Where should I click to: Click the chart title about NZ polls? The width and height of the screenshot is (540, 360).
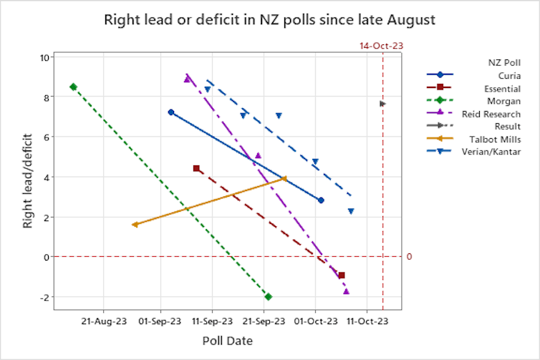(x=269, y=19)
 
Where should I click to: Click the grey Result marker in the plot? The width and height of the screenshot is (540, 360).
(x=382, y=104)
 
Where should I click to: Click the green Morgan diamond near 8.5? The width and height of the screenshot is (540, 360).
(x=73, y=87)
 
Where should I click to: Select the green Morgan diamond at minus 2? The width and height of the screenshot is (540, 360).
(x=268, y=296)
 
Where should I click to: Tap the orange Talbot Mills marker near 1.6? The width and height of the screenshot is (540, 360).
(x=135, y=225)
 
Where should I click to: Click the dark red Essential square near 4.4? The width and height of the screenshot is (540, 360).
(x=196, y=168)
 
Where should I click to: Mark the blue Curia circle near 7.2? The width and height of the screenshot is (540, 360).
(x=170, y=112)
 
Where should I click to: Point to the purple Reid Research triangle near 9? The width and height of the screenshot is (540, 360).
(x=187, y=79)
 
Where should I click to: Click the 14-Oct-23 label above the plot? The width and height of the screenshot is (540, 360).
(x=382, y=46)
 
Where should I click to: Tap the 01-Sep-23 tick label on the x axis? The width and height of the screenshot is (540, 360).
(x=159, y=321)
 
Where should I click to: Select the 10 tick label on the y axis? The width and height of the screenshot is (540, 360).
(x=44, y=57)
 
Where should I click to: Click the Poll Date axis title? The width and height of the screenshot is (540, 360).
(x=227, y=341)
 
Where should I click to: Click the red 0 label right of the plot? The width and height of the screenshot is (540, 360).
(x=410, y=257)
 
